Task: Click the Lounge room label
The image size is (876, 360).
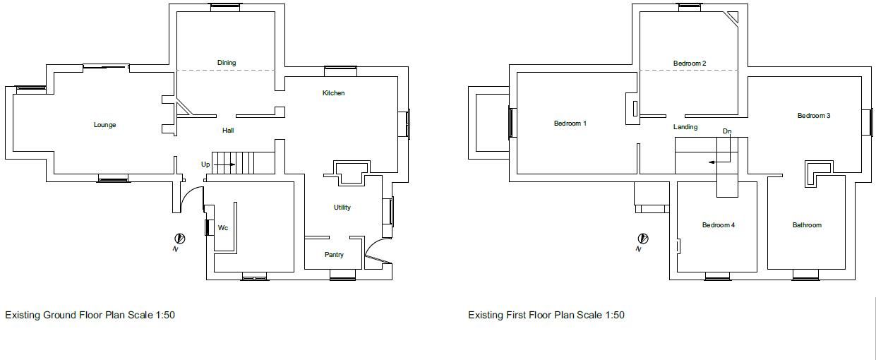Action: point(104,125)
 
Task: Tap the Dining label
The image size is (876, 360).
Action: point(227,63)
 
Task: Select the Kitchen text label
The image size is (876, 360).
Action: point(333,92)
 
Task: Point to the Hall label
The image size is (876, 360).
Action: point(228,130)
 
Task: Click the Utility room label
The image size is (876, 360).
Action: point(342,207)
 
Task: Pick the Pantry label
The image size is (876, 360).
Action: point(334,254)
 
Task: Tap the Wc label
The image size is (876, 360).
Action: point(223,227)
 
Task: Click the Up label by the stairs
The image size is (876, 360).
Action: point(205,164)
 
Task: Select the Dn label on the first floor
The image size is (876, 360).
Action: point(727,131)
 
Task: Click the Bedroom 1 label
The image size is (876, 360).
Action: point(570,123)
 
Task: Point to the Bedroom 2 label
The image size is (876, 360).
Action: point(690,63)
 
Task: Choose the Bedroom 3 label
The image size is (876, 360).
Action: point(814,115)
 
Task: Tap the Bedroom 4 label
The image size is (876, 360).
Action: point(719,224)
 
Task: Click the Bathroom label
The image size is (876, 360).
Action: point(807,224)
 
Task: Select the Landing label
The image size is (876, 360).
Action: point(685,126)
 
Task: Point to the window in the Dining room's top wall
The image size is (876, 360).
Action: point(225,7)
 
